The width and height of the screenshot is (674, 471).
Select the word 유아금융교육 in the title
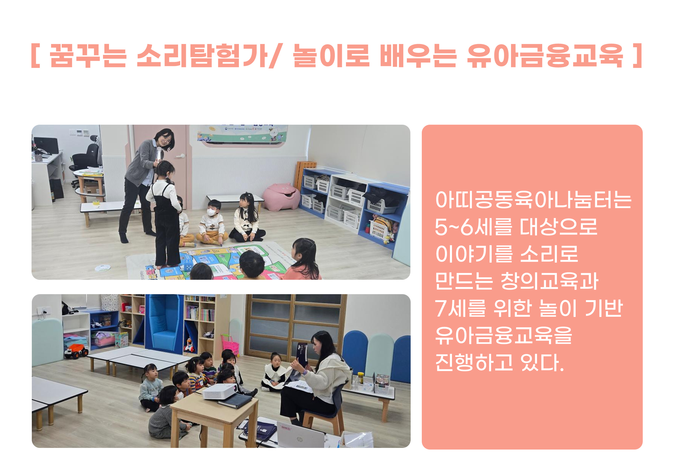pos(545,56)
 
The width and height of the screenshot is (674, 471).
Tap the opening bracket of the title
pos(35,56)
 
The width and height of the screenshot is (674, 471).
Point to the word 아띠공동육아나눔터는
pos(533,200)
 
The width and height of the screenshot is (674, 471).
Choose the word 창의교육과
pos(549,281)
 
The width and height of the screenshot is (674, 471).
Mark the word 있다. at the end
pos(542,362)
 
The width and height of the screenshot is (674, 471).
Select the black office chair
pos(85,161)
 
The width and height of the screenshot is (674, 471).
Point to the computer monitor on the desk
pos(46,145)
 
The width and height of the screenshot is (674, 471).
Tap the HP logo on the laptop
pos(299,439)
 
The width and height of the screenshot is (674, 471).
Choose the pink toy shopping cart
pos(230,344)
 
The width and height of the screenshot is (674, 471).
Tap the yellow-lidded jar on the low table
pos(360,377)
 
